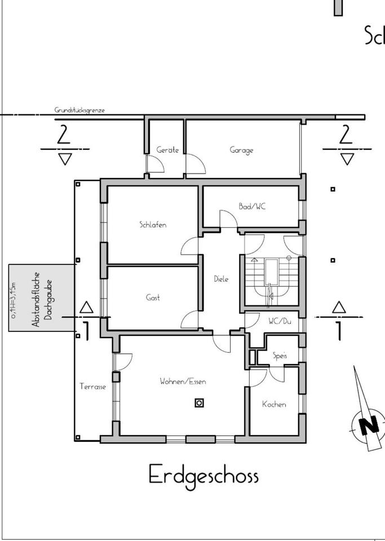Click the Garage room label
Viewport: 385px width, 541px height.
pyautogui.click(x=241, y=150)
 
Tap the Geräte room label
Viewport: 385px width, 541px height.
pyautogui.click(x=167, y=150)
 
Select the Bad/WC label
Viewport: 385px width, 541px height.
pyautogui.click(x=252, y=207)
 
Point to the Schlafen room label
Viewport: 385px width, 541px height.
pyautogui.click(x=153, y=225)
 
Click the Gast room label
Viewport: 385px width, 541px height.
pyautogui.click(x=153, y=298)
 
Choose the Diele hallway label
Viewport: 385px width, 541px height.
pyautogui.click(x=222, y=279)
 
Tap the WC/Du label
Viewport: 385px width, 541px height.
pyautogui.click(x=280, y=321)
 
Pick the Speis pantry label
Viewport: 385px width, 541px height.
pyautogui.click(x=280, y=356)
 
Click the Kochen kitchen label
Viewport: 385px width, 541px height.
pyautogui.click(x=274, y=404)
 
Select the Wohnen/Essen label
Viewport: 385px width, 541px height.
pyautogui.click(x=183, y=382)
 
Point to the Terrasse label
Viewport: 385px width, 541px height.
pyautogui.click(x=92, y=387)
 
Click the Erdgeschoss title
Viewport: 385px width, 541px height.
pyautogui.click(x=203, y=475)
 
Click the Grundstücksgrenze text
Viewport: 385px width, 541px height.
pyautogui.click(x=79, y=110)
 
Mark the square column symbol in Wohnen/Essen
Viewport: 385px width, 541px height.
pyautogui.click(x=199, y=402)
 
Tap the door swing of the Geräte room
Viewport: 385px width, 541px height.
pyautogui.click(x=155, y=164)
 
